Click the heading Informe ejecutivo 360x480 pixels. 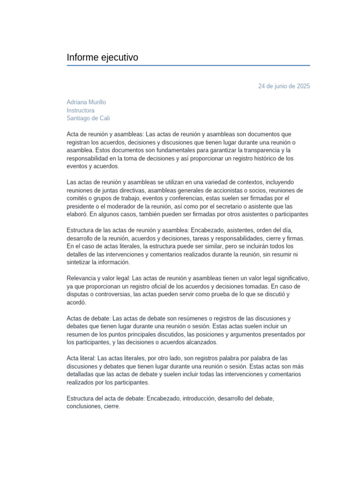(x=102, y=58)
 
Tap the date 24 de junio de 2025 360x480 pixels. (x=284, y=86)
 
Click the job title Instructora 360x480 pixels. (x=81, y=110)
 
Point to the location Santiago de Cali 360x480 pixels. (x=88, y=118)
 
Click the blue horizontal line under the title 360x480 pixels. (x=188, y=66)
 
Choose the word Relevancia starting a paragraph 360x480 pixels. (x=82, y=278)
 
